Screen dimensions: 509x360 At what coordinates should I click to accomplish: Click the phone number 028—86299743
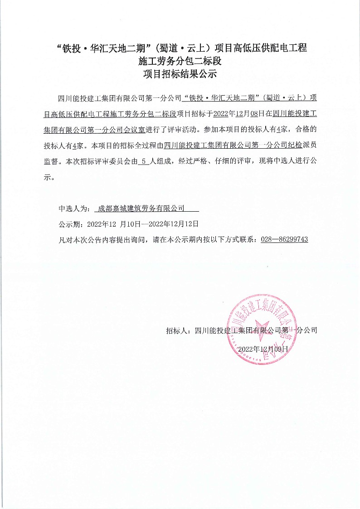[x=284, y=239]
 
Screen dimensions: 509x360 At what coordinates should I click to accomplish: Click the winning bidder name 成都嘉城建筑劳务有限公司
[x=141, y=208]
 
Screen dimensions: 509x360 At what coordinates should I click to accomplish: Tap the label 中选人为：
[x=75, y=208]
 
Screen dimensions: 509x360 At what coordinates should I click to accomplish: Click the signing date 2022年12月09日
[x=263, y=349]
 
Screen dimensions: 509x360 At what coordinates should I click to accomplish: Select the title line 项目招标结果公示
[x=180, y=75]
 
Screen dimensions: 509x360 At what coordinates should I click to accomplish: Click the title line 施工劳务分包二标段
[x=180, y=61]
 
